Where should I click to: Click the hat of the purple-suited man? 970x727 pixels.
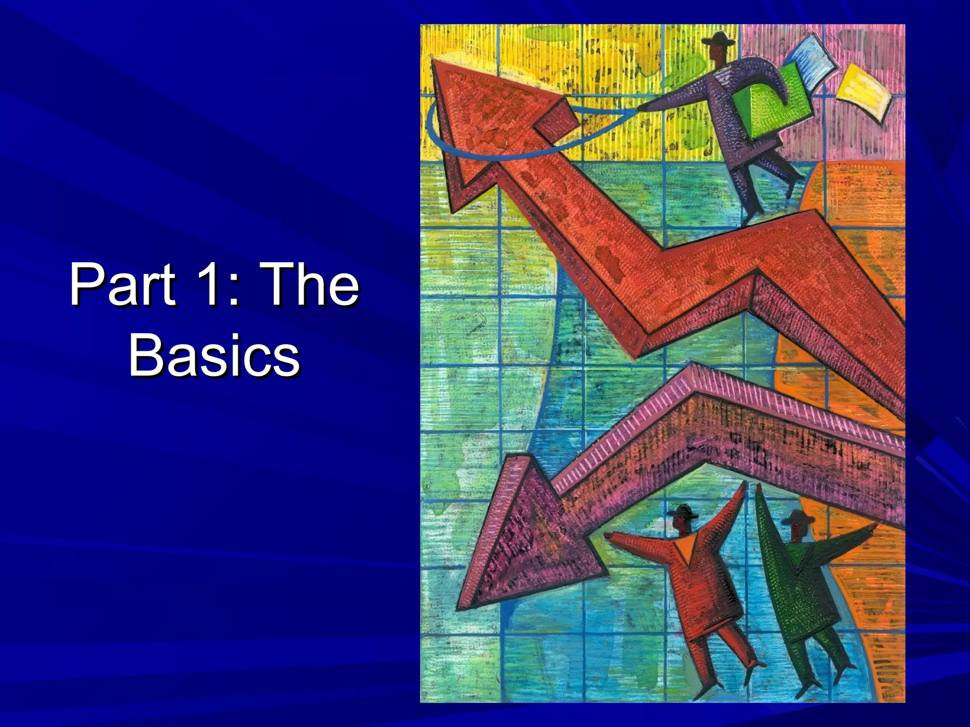718,39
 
